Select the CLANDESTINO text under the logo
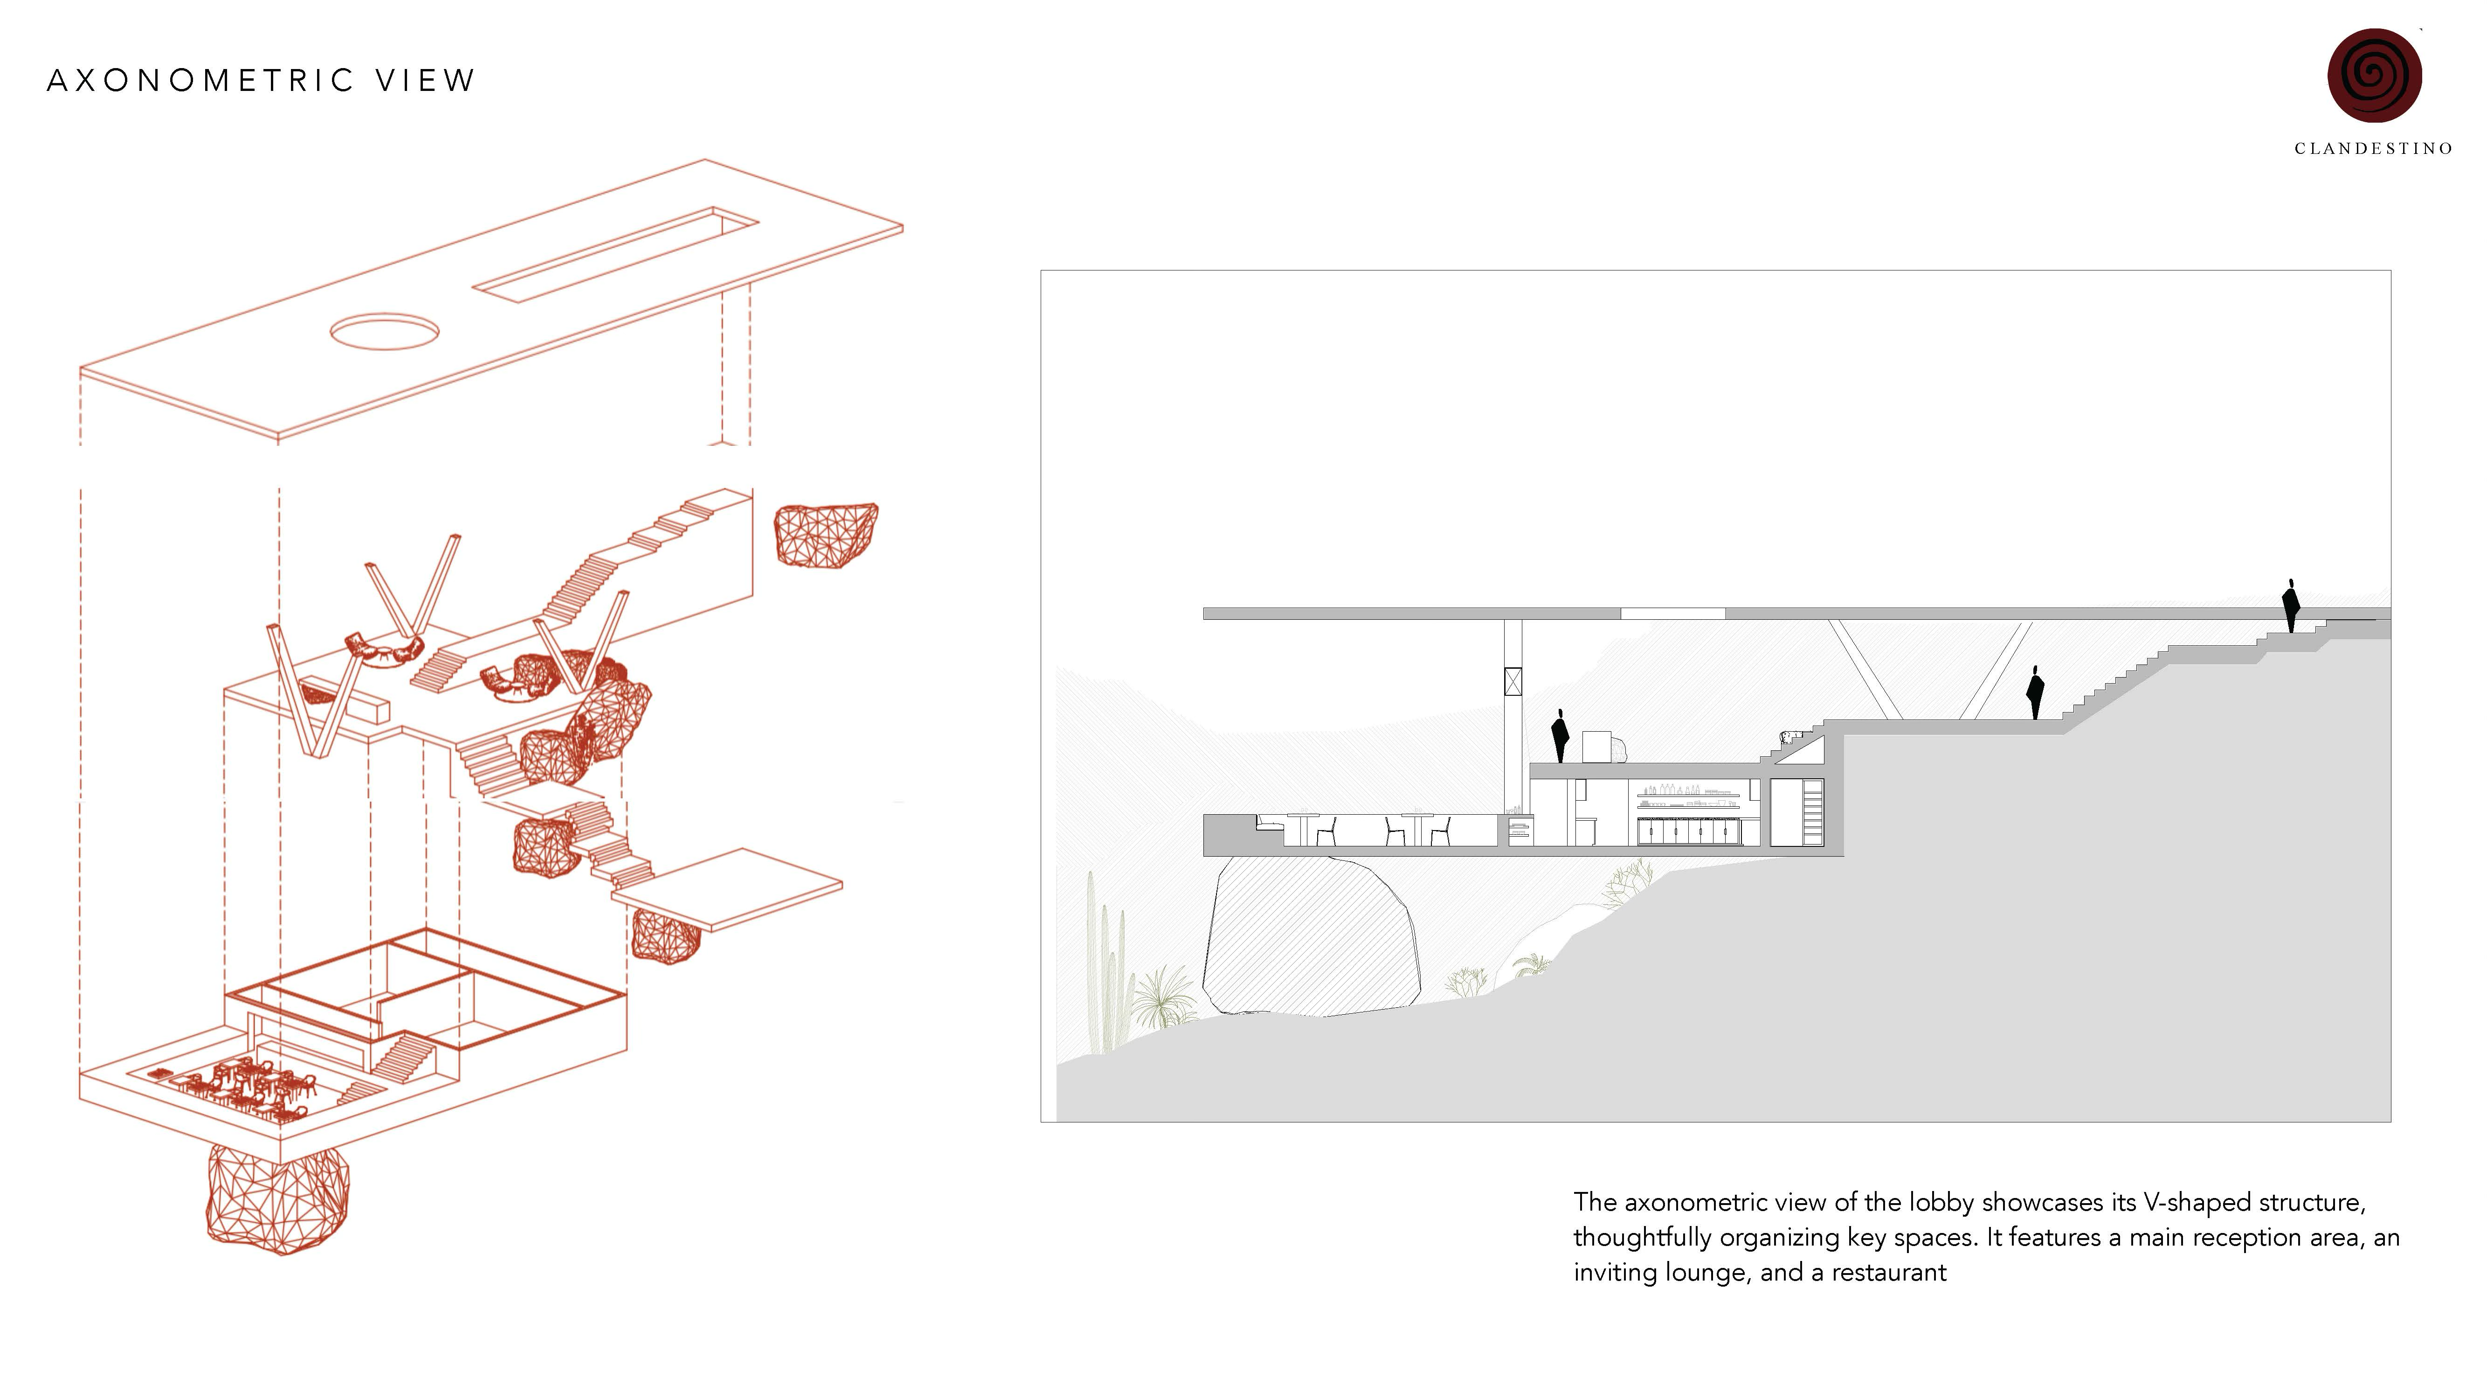pos(2373,149)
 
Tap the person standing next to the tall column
pos(1559,736)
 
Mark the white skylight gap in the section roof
pos(1672,613)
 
